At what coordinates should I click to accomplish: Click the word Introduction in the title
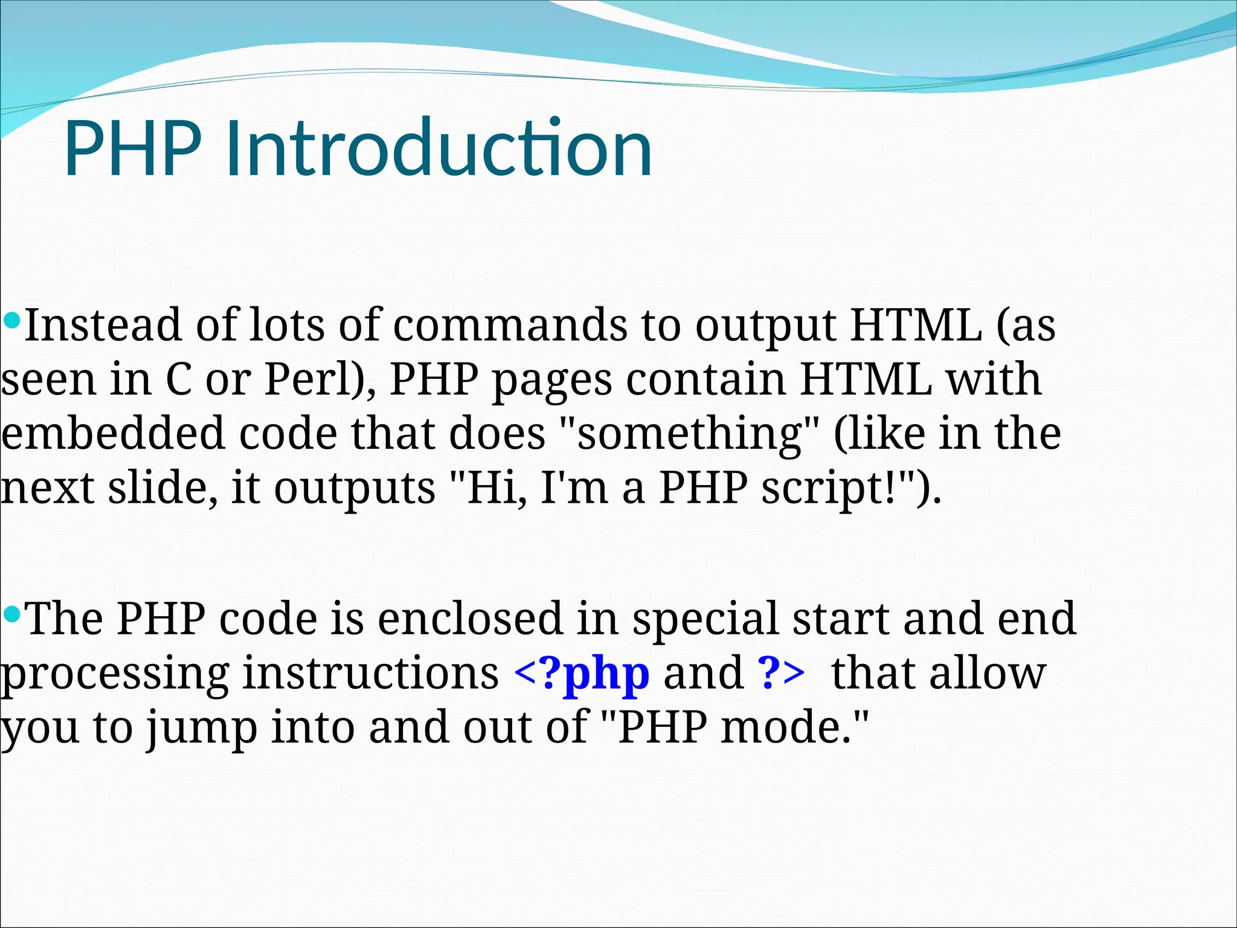pos(439,148)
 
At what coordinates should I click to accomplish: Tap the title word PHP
pos(133,148)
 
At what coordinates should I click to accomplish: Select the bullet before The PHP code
pos(11,615)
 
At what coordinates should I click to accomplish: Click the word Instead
pos(103,325)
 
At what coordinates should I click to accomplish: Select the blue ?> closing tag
pos(781,672)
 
